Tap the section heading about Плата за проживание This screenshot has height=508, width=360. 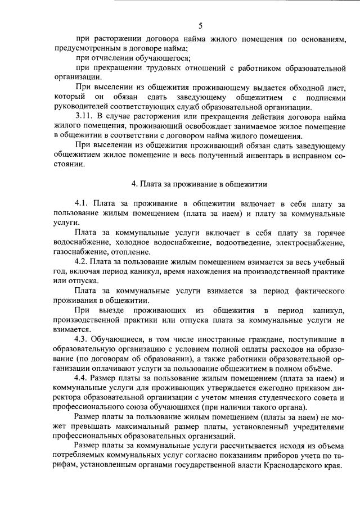click(x=199, y=183)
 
